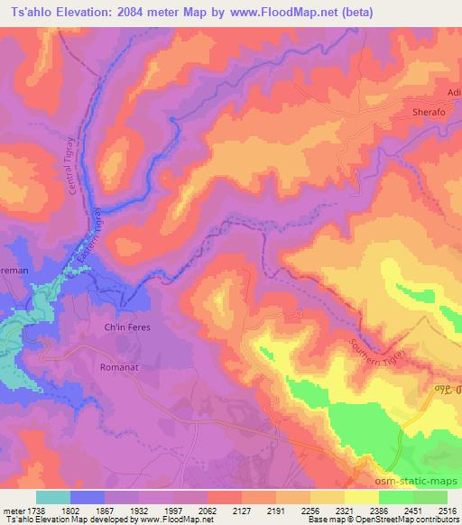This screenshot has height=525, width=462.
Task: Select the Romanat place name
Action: click(120, 368)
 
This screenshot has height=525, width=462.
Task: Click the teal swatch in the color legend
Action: click(53, 496)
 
